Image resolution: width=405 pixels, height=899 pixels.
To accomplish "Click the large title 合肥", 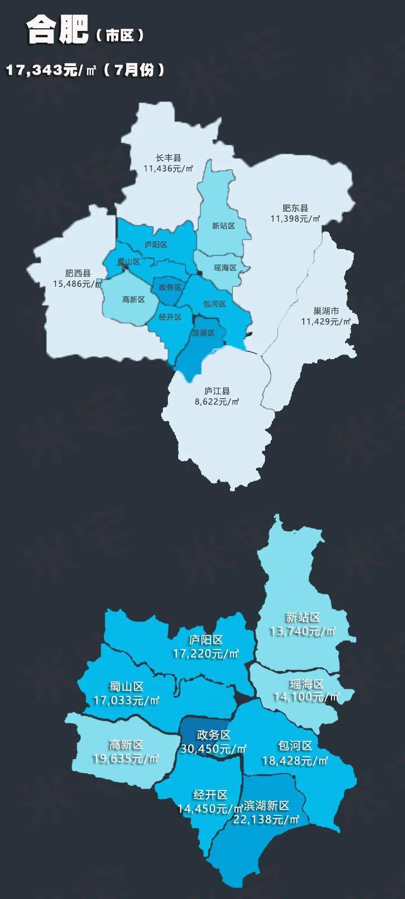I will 57,30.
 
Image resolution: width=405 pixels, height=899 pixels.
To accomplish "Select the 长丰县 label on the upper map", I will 168,158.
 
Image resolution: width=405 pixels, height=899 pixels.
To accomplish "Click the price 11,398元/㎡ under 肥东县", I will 295,218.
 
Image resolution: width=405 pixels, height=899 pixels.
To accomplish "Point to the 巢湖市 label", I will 326,311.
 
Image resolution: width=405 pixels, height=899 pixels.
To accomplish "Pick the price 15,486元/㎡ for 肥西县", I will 78,284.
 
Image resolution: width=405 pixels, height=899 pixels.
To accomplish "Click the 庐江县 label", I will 217,391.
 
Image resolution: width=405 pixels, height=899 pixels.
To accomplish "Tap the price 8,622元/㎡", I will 217,401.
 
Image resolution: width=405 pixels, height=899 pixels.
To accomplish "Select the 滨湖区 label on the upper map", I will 203,333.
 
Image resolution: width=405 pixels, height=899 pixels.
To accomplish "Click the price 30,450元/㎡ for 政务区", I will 213,749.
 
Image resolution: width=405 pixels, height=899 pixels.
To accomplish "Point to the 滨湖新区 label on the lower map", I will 266,806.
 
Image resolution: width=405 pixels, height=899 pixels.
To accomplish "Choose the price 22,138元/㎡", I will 266,819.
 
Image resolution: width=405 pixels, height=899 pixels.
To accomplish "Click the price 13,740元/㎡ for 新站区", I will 302,631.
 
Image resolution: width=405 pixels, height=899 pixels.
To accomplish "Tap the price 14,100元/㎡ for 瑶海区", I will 306,697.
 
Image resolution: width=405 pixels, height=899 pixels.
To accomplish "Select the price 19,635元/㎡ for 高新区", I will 126,759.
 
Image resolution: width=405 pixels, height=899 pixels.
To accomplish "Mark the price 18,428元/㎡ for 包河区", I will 295,761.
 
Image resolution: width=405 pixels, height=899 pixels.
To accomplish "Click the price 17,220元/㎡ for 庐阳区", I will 206,653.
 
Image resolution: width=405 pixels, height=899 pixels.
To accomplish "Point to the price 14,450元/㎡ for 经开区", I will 210,809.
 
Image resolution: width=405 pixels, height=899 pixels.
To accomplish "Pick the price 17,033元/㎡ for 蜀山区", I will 126,700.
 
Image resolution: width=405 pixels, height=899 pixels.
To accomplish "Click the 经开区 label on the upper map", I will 170,317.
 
